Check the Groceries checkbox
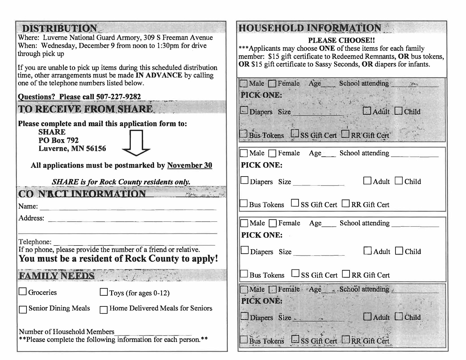[22, 292]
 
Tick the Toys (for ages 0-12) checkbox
[104, 292]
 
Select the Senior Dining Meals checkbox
[23, 309]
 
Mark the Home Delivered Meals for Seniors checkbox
[104, 309]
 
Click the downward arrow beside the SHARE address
[136, 143]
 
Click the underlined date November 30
[189, 165]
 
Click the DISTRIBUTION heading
[60, 28]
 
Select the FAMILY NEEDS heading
[57, 276]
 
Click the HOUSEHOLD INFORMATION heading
[310, 28]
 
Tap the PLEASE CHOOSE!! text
[341, 40]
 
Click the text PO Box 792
[59, 140]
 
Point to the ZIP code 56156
[96, 149]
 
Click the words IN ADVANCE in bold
[159, 75]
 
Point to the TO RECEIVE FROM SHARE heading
[85, 109]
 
